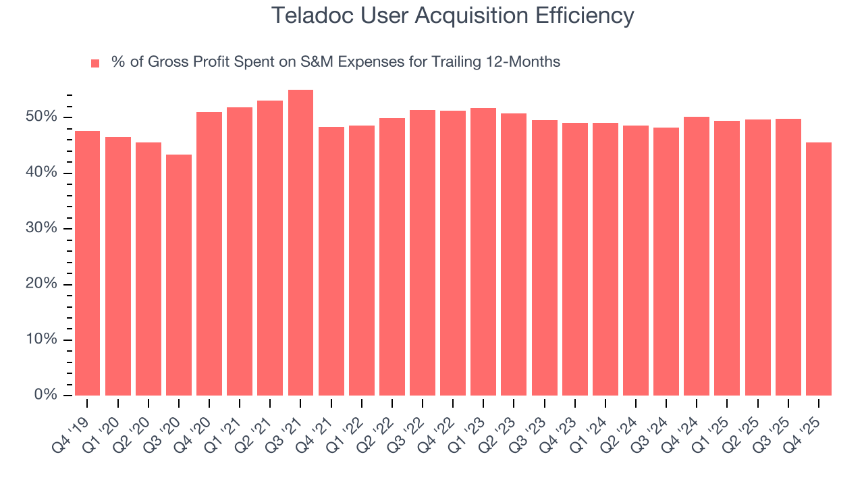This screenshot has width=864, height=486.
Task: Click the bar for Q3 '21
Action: [300, 243]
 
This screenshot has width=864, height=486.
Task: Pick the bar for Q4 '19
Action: [87, 263]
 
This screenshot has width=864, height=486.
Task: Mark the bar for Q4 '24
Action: [697, 256]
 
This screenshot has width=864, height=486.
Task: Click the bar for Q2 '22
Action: [392, 256]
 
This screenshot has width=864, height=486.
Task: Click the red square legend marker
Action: [95, 63]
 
